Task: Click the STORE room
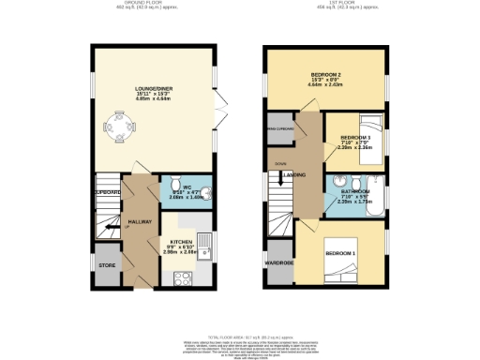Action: (108, 264)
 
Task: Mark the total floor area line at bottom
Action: (239, 323)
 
